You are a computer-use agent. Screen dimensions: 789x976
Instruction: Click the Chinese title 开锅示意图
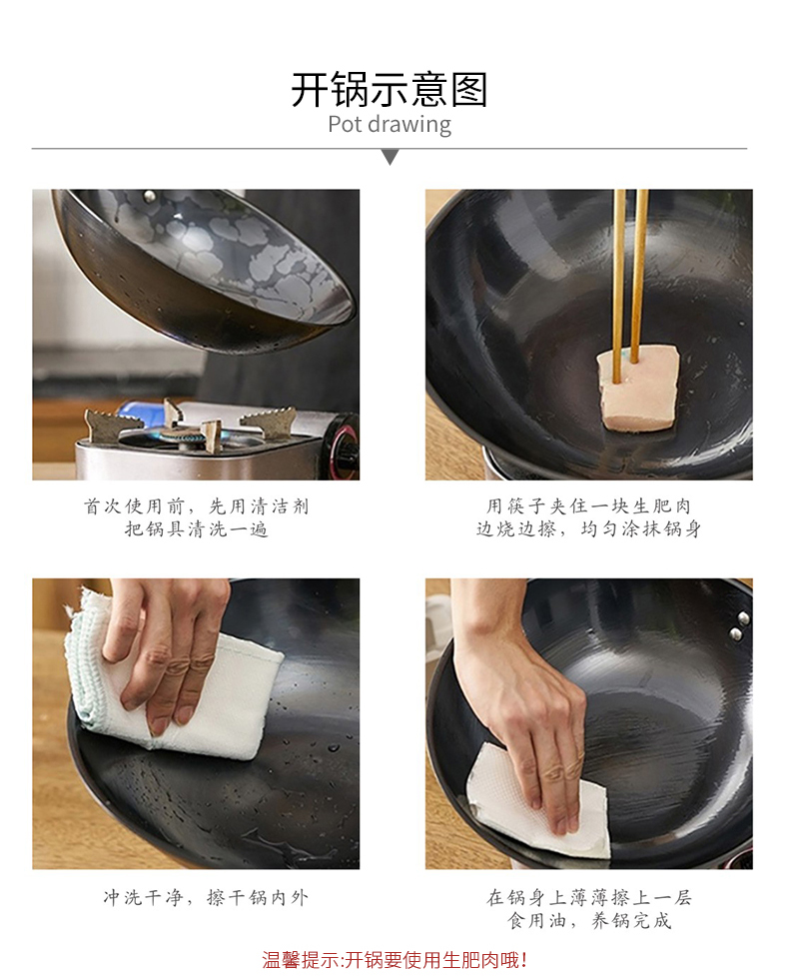(x=390, y=90)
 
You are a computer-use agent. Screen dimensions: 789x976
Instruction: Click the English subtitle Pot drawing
(x=390, y=124)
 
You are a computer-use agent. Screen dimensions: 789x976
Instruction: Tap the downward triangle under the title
(x=391, y=157)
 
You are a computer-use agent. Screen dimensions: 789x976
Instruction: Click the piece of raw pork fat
(x=637, y=390)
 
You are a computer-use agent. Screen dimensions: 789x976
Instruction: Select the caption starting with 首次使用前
(x=197, y=517)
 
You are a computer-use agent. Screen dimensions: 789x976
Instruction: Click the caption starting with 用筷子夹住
(x=588, y=517)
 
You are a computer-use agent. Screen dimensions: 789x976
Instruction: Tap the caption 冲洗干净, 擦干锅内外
(x=206, y=897)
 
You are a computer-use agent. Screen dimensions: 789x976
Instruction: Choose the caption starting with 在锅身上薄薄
(x=589, y=908)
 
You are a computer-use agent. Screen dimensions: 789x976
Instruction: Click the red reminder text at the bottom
(x=394, y=959)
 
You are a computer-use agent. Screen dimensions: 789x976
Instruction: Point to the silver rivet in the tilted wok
(x=150, y=198)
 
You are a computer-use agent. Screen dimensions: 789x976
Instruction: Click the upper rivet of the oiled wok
(x=743, y=618)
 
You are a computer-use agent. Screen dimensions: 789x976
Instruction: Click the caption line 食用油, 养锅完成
(x=589, y=920)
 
